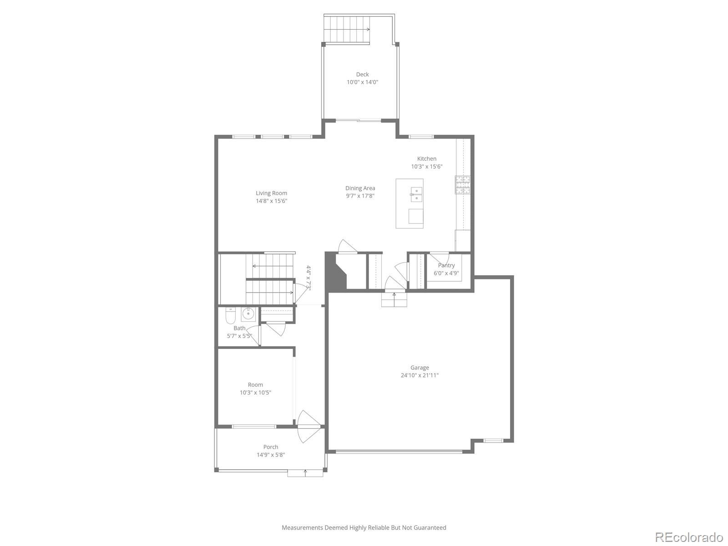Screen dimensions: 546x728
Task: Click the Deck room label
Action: coord(362,74)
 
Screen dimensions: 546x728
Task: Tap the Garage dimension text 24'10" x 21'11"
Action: coord(420,375)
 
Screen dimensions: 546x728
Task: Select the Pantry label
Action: coord(446,265)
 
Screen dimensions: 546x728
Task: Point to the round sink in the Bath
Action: coord(248,313)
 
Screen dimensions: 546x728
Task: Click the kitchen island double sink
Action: coord(416,194)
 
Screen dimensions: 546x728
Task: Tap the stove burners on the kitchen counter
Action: coord(463,185)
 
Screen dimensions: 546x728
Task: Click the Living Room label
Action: coord(271,193)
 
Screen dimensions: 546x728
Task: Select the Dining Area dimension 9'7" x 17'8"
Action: coord(360,196)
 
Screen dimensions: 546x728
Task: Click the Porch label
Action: coord(270,447)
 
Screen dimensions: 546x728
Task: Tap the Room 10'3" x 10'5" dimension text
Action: coord(255,393)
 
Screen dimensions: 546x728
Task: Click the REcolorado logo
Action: coord(689,537)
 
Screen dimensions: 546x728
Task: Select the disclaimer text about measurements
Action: coord(364,528)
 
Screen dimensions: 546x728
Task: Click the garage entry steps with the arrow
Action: coord(394,299)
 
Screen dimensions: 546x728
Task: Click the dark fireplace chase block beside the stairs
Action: coord(334,273)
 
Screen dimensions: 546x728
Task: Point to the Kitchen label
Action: coord(426,159)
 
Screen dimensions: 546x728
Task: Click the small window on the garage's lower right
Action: coord(493,440)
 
